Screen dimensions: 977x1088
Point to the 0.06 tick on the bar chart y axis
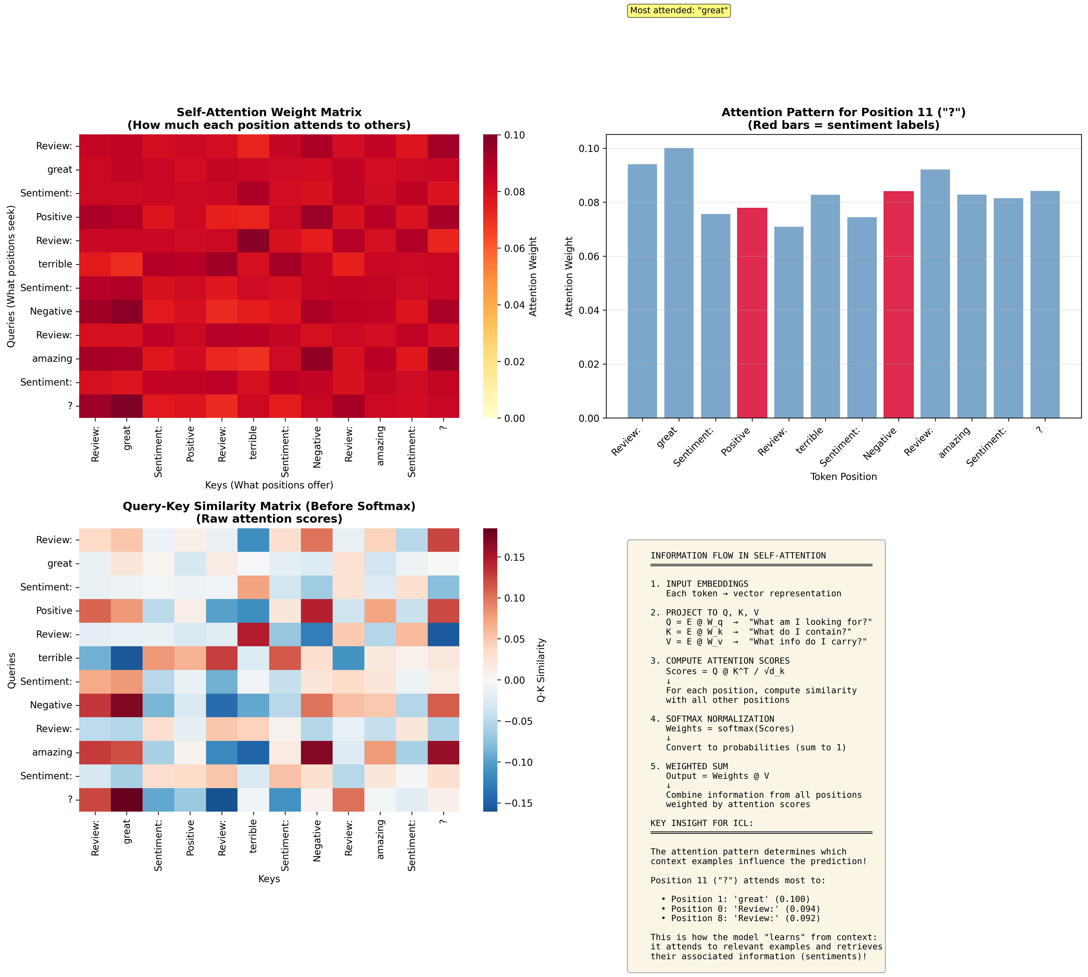(x=589, y=257)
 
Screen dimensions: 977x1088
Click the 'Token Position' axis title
(x=843, y=477)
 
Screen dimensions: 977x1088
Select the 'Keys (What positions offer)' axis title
(x=269, y=485)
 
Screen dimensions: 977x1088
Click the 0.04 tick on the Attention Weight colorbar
(x=514, y=305)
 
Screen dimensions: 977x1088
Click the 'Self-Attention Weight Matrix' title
(x=269, y=112)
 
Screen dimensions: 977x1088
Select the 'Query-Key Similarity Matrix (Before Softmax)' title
(x=269, y=506)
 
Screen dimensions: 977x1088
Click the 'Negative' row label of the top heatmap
(x=51, y=311)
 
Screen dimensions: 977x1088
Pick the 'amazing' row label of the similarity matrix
(x=52, y=752)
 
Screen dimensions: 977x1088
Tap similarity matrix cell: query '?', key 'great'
(x=127, y=799)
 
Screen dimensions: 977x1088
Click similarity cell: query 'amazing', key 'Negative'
(x=317, y=752)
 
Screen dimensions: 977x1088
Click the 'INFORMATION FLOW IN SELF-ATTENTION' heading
(x=738, y=556)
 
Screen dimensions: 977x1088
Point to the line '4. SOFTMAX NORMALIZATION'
(x=712, y=719)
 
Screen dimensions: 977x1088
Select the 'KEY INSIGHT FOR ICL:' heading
(x=702, y=823)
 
